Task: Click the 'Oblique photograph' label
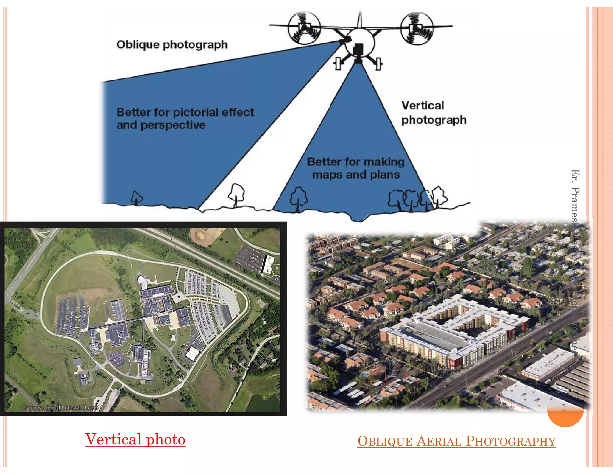coord(172,45)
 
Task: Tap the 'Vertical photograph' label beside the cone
coord(433,113)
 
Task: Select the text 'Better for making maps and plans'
coord(356,168)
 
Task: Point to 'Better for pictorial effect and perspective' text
coord(185,118)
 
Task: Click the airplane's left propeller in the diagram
coord(304,28)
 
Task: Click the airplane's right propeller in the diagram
coord(417,28)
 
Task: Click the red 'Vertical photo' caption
coord(135,439)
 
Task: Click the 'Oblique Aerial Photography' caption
coord(456,441)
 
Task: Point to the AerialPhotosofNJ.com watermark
coord(60,407)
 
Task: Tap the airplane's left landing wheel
coord(338,64)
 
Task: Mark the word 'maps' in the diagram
coord(327,175)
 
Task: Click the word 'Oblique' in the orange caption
coord(385,441)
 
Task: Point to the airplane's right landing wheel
coord(379,63)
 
